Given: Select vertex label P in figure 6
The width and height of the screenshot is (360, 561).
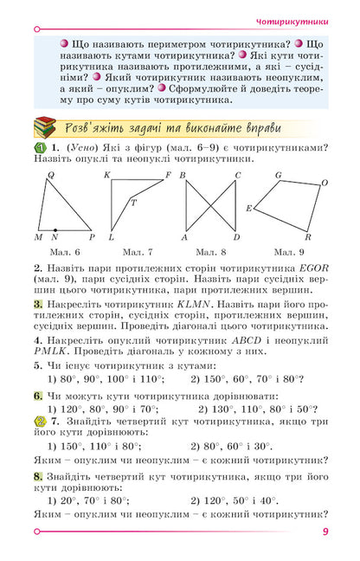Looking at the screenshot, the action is coord(92,236).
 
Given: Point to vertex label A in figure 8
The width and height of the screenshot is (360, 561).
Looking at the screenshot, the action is coord(184,237).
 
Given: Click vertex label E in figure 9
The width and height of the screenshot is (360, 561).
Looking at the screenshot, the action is coord(248,209).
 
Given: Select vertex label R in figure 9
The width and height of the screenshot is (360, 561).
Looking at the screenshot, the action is coord(308,237).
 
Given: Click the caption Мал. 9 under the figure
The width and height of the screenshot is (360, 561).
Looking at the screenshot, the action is coord(288,252).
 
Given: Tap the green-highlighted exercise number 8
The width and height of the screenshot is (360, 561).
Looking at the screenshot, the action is coord(38,476).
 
